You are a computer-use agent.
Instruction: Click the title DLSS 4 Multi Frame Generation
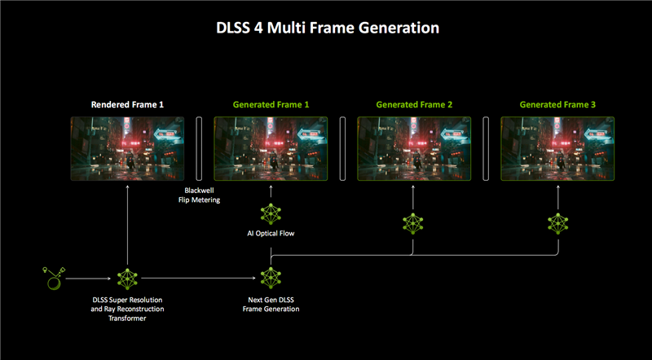pos(326,28)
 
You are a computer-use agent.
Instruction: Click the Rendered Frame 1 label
pos(127,105)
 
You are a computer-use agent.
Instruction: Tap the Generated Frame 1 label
pos(271,105)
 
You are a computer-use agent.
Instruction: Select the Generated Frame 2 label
pos(414,105)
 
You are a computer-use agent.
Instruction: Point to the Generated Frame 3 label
pos(557,105)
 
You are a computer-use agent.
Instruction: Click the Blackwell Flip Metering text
pos(200,195)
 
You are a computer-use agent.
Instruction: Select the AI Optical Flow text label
pos(271,233)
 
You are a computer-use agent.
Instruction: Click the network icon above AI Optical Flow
pos(271,214)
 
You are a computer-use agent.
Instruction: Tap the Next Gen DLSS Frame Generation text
pos(271,305)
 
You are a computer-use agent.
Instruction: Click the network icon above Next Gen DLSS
pos(271,279)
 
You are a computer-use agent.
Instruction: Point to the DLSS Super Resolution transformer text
pos(128,310)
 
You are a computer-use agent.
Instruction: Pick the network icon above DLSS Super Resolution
pos(128,279)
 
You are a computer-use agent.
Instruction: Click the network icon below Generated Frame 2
pos(414,223)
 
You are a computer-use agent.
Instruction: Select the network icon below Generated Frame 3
pos(557,223)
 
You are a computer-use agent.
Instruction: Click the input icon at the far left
pos(54,279)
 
